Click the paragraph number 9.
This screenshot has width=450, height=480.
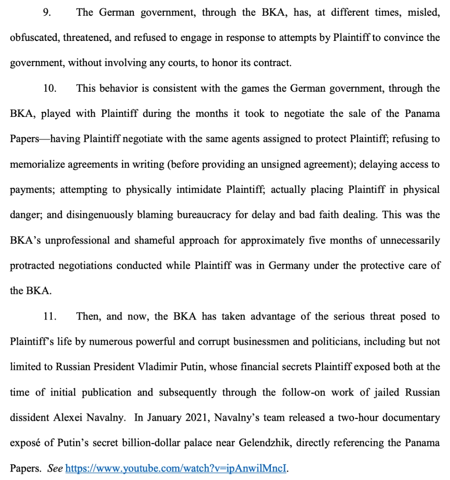[47, 13]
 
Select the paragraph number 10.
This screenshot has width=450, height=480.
[49, 89]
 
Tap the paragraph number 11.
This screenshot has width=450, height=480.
[49, 316]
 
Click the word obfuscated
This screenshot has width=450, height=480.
[33, 38]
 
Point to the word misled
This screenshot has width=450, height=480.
[423, 13]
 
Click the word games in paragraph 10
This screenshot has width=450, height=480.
[242, 89]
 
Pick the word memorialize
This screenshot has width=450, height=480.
[37, 164]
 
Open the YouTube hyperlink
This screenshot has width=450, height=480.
[175, 468]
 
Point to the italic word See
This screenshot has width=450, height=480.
[55, 468]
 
